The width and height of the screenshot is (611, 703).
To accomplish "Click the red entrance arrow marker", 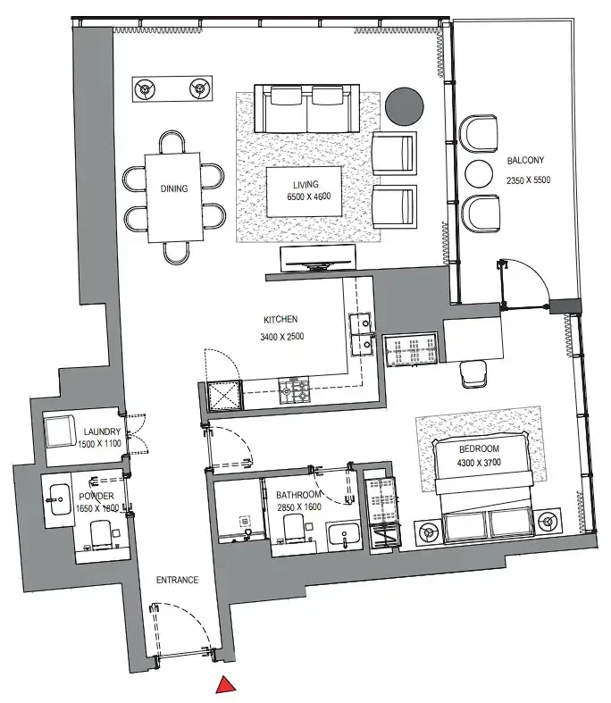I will point(227,685).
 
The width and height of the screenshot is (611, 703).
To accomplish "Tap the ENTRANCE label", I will point(177,580).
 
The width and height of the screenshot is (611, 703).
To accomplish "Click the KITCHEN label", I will point(280,319).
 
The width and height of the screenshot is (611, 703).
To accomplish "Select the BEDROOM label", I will point(481,448).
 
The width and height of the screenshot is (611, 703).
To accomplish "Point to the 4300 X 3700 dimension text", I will point(481,464).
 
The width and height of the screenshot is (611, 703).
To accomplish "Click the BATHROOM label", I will point(298,493).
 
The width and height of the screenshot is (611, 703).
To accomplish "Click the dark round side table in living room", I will point(406,106).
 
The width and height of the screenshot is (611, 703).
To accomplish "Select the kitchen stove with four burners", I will point(296,390).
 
